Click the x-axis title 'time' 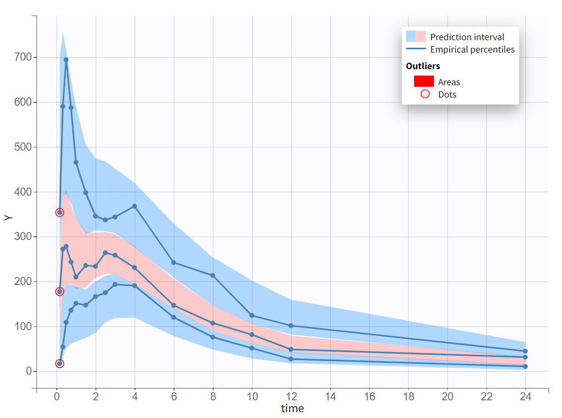tap(292, 408)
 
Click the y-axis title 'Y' tap(8, 218)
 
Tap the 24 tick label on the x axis tap(525, 397)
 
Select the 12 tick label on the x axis tap(291, 397)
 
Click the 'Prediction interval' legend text tap(467, 37)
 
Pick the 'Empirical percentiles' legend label tap(472, 49)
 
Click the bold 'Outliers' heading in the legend tap(423, 66)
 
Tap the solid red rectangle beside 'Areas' tap(424, 81)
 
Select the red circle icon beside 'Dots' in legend tap(425, 94)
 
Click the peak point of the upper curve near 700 tap(66, 60)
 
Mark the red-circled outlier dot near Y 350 tap(59, 212)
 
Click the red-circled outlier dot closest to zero tap(59, 363)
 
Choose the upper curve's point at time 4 tap(134, 206)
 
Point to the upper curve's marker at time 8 tap(213, 275)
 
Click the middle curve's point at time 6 tap(174, 305)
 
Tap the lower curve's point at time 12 tap(291, 359)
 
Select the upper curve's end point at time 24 tap(525, 351)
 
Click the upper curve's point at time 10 tap(252, 316)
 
